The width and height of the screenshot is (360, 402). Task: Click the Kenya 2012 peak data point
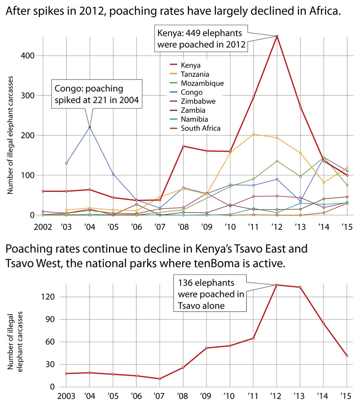(276, 36)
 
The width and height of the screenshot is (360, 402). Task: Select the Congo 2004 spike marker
(90, 127)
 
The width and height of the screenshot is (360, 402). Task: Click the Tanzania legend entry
(195, 74)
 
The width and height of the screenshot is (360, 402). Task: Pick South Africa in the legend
(200, 128)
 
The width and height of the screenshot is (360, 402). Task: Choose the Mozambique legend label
(202, 83)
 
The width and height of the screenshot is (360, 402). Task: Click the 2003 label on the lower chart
(66, 397)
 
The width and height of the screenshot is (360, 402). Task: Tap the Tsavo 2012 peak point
(276, 285)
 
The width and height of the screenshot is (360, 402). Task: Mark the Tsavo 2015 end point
(347, 355)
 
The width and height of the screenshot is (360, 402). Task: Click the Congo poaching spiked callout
(97, 94)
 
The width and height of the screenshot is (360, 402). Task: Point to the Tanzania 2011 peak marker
(254, 134)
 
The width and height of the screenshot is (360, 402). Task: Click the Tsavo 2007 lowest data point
(160, 379)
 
